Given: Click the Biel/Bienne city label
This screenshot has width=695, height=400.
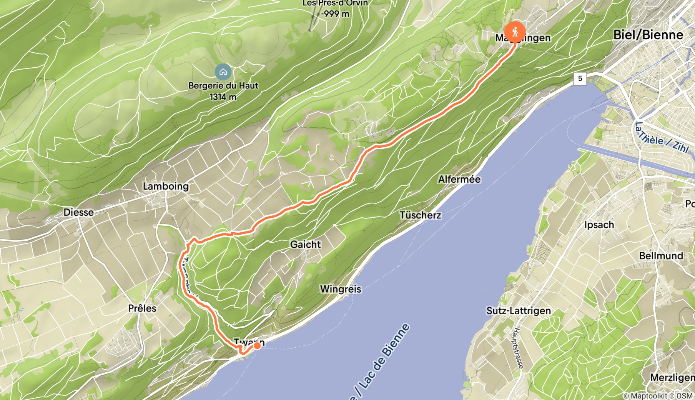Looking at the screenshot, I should (648, 35).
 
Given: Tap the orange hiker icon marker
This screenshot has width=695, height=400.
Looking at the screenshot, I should (515, 32).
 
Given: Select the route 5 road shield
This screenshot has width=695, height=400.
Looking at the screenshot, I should (580, 78).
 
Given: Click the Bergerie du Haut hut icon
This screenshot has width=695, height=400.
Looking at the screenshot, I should (223, 72).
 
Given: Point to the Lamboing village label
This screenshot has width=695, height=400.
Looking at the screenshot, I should (166, 186).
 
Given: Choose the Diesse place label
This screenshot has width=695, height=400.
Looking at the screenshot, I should (78, 212).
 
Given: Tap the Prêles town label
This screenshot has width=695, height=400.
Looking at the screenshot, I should (142, 308).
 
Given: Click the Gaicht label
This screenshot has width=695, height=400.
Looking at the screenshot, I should (305, 244).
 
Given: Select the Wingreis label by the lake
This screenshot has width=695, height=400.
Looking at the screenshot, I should (341, 289).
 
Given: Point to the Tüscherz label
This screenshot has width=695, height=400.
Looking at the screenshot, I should (420, 215).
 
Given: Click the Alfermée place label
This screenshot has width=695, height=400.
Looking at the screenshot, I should (459, 179).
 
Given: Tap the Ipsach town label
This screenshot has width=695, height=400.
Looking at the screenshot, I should (599, 225).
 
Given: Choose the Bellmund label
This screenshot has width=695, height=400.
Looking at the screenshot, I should (661, 256).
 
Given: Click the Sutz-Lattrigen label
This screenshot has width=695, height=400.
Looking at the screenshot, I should (519, 310).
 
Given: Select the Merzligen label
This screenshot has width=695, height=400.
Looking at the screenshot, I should (672, 377).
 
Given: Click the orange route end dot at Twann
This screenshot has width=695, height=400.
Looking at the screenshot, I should (257, 346).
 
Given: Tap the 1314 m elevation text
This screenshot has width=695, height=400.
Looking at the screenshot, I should (223, 97).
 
